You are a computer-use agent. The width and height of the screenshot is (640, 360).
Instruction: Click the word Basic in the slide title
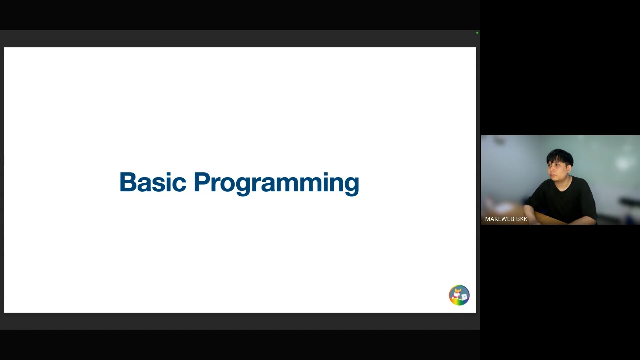(153, 182)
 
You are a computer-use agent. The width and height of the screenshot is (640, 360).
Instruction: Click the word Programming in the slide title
(276, 183)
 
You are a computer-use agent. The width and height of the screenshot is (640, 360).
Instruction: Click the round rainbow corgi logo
(459, 295)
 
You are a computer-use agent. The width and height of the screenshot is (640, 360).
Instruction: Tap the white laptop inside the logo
(464, 297)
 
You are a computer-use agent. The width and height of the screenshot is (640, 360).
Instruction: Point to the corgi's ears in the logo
(458, 290)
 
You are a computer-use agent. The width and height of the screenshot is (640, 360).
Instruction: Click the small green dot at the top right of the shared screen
(477, 33)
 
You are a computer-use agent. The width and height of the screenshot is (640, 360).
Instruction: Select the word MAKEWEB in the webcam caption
(499, 219)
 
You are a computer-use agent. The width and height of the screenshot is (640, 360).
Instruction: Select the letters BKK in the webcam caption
(522, 219)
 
